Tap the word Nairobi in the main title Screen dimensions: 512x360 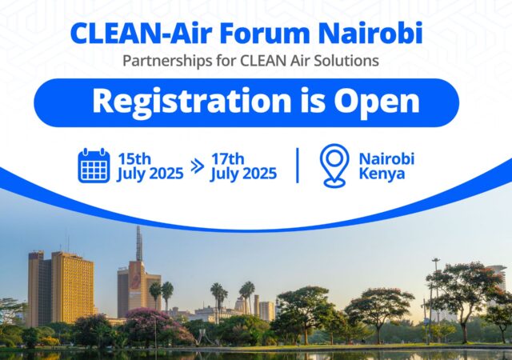pos(370,33)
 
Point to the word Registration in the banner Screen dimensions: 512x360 pos(192,101)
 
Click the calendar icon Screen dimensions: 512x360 pos(94,166)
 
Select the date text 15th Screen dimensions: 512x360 pos(134,159)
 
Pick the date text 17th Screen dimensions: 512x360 pos(227,159)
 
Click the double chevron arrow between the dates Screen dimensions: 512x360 pos(198,166)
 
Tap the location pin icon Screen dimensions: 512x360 pos(334,166)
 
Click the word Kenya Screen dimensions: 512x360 pos(382,173)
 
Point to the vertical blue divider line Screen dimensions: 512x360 pos(298,166)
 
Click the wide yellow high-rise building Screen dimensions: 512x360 pos(73,287)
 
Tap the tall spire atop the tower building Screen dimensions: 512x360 pos(139,243)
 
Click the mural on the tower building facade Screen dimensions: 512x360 pos(136,280)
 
